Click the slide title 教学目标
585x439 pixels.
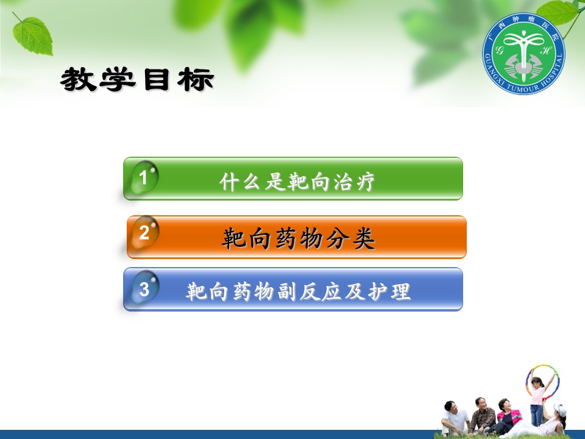point(137,79)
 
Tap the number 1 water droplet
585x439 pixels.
point(144,177)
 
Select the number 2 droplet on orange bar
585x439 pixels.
point(145,232)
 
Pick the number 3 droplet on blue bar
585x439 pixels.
point(145,288)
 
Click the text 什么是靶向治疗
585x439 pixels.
point(297,182)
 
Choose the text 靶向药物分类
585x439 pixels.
point(299,238)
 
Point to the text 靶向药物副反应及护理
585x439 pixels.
point(299,291)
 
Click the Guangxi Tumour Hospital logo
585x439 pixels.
point(523,54)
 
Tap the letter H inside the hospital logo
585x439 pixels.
point(546,50)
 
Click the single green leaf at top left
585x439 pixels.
point(32,35)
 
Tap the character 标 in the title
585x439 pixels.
point(196,79)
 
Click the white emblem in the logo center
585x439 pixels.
point(523,55)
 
